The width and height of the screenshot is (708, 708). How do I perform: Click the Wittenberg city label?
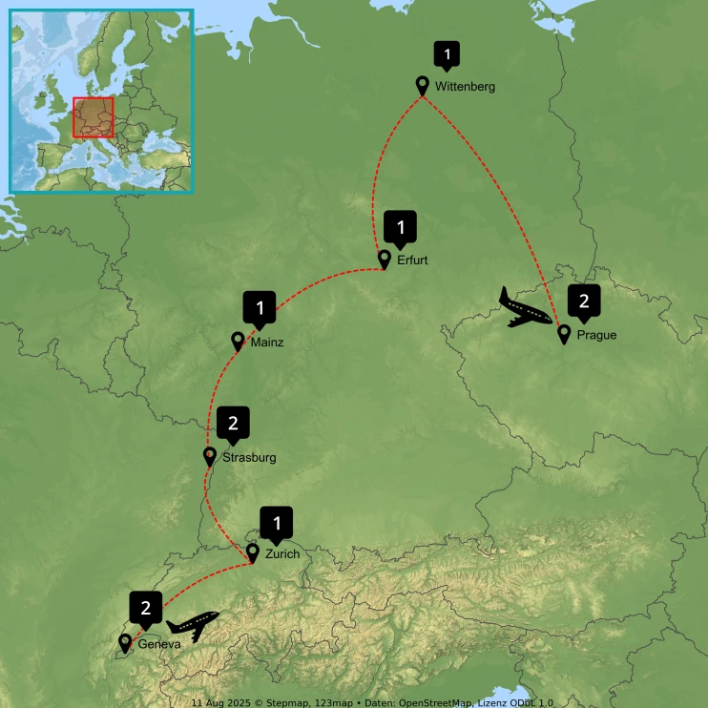click(x=465, y=87)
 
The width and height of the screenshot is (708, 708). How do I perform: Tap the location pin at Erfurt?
click(x=385, y=259)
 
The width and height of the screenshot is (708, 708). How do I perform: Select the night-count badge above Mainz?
click(x=260, y=308)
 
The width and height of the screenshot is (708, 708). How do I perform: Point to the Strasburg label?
click(x=249, y=458)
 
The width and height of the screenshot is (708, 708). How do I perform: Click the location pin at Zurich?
click(x=253, y=552)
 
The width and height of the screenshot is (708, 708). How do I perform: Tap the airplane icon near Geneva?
click(x=193, y=626)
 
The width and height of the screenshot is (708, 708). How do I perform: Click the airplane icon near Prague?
click(x=526, y=307)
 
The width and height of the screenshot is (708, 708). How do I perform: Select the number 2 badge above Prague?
click(x=584, y=302)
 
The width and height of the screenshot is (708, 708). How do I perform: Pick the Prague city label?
click(x=596, y=335)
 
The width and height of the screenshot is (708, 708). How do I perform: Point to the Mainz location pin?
click(x=239, y=340)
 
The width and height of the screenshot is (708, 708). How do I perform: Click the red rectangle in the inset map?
click(x=94, y=117)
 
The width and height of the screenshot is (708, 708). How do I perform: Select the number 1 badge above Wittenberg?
click(x=446, y=55)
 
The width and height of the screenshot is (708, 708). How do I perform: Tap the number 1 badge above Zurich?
click(x=277, y=523)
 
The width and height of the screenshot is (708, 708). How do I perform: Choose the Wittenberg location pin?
click(x=423, y=85)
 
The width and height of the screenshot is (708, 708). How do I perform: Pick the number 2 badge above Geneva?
click(x=146, y=608)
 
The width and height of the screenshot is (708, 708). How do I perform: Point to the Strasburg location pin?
click(x=210, y=456)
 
